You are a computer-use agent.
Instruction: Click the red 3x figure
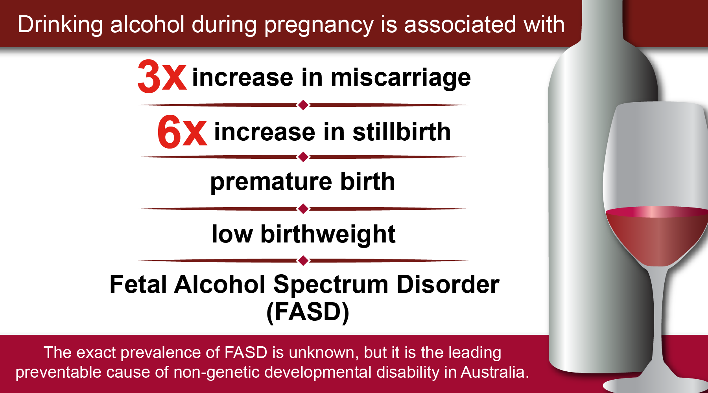pyautogui.click(x=162, y=77)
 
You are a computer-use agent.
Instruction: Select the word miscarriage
pyautogui.click(x=401, y=77)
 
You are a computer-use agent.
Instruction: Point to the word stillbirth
pyautogui.click(x=402, y=132)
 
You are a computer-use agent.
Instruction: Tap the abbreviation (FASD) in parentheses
pyautogui.click(x=308, y=312)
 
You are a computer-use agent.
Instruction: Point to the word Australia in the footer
pyautogui.click(x=495, y=372)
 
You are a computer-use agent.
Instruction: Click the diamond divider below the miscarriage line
pyautogui.click(x=303, y=105)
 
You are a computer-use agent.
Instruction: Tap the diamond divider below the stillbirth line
pyautogui.click(x=303, y=157)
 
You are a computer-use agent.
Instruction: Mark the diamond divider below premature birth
pyautogui.click(x=303, y=209)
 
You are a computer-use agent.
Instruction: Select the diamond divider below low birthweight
pyautogui.click(x=303, y=261)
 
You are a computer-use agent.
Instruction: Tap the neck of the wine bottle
pyautogui.click(x=602, y=22)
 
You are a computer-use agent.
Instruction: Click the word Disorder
pyautogui.click(x=448, y=285)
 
